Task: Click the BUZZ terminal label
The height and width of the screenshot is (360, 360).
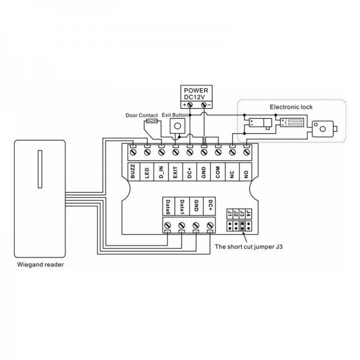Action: (x=133, y=171)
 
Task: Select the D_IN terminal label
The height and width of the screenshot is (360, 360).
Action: (x=161, y=172)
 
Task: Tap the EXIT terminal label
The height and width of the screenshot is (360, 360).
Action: (x=175, y=172)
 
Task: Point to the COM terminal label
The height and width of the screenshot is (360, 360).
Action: (x=217, y=172)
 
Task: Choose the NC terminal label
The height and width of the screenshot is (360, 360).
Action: (x=232, y=175)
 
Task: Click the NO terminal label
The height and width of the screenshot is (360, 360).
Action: (x=246, y=175)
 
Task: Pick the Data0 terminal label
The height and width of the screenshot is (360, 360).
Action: (x=168, y=207)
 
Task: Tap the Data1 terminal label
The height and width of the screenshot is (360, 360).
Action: (x=182, y=207)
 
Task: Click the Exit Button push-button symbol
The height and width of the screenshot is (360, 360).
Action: (x=177, y=126)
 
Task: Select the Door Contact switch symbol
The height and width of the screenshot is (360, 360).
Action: (x=152, y=121)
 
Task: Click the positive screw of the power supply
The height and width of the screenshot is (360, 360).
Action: (x=190, y=104)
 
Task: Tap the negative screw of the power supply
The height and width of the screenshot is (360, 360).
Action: (x=203, y=104)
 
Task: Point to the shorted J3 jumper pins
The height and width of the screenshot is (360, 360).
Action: (x=242, y=226)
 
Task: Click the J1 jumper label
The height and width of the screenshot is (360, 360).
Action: (x=230, y=214)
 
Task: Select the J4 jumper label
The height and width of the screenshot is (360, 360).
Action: (x=248, y=214)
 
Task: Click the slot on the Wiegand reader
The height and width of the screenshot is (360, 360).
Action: (x=40, y=169)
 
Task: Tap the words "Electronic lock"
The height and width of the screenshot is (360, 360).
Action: (x=291, y=107)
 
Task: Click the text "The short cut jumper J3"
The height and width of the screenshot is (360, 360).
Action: (x=248, y=247)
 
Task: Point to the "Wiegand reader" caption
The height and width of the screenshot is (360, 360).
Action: (x=40, y=265)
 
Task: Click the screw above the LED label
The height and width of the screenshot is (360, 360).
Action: (x=147, y=152)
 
